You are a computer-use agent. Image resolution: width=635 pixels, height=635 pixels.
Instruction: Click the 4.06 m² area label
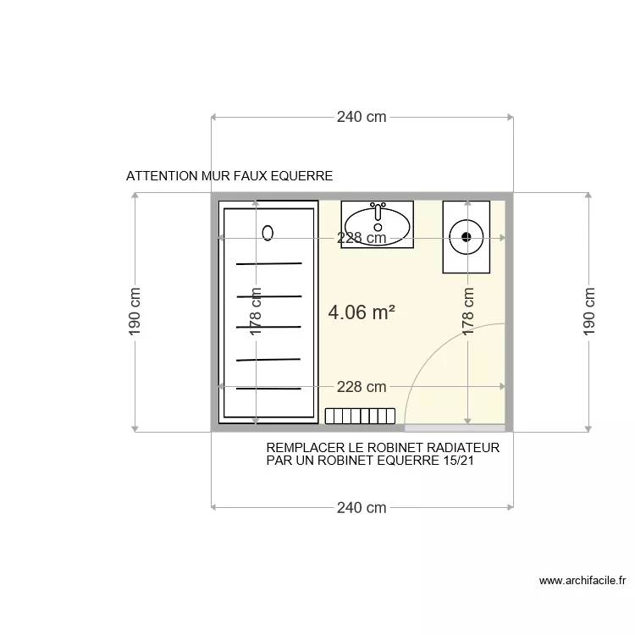click(362, 312)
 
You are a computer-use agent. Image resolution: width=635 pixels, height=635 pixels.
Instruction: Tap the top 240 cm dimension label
click(362, 117)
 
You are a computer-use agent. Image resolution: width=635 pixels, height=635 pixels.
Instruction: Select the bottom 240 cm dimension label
click(362, 507)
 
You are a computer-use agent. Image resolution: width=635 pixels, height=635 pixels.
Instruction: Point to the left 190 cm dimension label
click(135, 312)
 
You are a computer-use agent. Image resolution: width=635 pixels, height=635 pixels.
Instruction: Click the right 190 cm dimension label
click(588, 312)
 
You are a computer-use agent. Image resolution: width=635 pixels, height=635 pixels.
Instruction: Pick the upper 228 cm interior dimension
click(362, 238)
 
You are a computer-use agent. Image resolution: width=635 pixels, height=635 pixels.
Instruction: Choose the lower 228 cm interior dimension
click(362, 387)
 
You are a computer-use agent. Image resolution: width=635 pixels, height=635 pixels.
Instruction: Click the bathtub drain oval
click(268, 233)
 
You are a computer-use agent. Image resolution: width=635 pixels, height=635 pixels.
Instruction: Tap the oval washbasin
click(377, 226)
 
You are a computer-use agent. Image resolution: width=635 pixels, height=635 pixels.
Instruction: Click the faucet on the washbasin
click(378, 212)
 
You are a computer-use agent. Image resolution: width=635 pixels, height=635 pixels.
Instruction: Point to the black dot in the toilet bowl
click(467, 237)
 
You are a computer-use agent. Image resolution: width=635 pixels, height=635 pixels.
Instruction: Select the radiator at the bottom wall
click(360, 416)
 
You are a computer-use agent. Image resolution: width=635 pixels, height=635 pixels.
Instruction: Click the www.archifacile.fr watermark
click(583, 580)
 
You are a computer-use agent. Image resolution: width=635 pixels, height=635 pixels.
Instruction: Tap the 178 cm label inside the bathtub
click(256, 312)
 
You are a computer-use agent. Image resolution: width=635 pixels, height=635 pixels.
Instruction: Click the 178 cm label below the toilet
click(467, 312)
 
